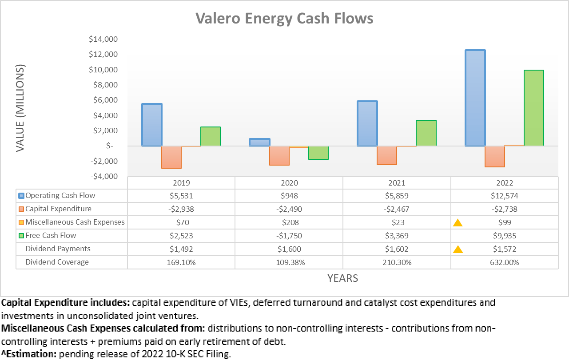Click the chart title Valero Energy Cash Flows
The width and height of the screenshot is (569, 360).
pyautogui.click(x=284, y=19)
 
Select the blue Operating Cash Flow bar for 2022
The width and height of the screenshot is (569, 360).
pyautogui.click(x=475, y=98)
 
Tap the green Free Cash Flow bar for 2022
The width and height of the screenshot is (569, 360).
pyautogui.click(x=533, y=108)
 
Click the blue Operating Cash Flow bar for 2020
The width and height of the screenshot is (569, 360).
pyautogui.click(x=259, y=142)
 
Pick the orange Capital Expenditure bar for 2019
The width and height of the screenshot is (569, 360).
pyautogui.click(x=171, y=157)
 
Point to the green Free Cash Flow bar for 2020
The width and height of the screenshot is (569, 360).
pyautogui.click(x=318, y=153)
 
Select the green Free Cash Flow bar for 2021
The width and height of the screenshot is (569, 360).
pyautogui.click(x=426, y=133)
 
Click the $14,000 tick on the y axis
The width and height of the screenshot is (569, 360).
pyautogui.click(x=103, y=39)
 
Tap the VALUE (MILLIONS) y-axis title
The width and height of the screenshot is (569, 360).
pyautogui.click(x=20, y=108)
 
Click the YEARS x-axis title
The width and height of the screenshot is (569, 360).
pyautogui.click(x=342, y=278)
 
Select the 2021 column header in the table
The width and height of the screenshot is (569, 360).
pyautogui.click(x=397, y=183)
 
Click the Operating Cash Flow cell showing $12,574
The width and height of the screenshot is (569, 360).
pyautogui.click(x=505, y=196)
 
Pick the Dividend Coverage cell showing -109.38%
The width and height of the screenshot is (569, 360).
pyautogui.click(x=289, y=262)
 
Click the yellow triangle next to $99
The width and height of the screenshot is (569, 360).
pyautogui.click(x=458, y=223)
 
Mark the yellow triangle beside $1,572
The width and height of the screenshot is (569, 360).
pyautogui.click(x=458, y=249)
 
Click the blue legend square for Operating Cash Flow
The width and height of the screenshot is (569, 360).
pyautogui.click(x=21, y=196)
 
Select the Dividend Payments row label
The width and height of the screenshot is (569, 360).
pyautogui.click(x=58, y=249)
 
